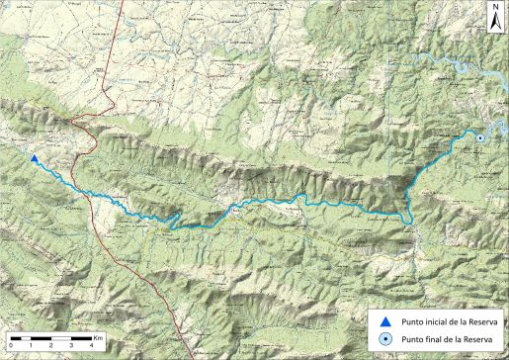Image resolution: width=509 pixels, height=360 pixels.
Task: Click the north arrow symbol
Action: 495,19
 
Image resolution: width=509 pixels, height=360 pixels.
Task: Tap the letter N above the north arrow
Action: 495,7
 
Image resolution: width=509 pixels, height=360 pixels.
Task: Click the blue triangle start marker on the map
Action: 34,158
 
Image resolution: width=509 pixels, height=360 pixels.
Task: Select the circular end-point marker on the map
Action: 480,137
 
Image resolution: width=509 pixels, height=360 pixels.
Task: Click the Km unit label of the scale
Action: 99,336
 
